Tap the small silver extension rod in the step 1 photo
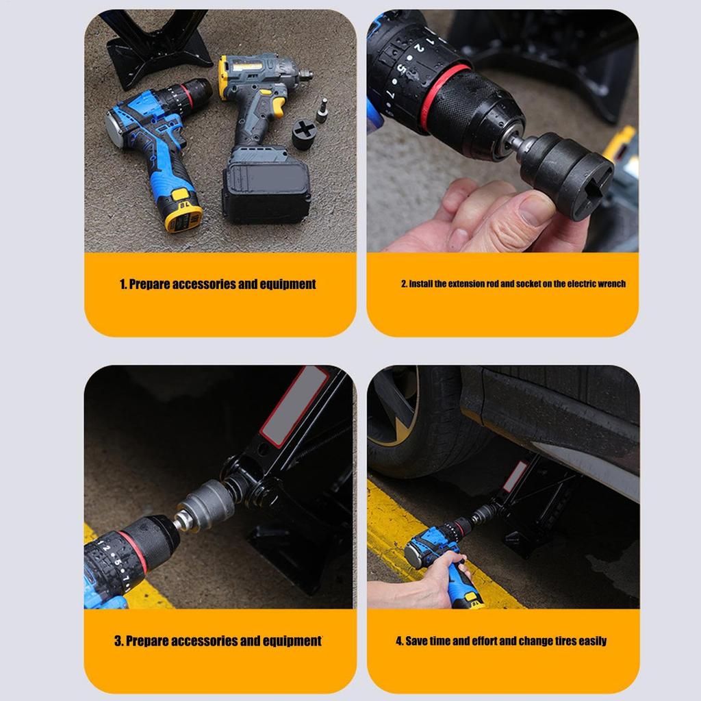point(322,108)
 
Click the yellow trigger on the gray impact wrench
point(279,106)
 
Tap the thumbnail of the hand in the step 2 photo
point(536,209)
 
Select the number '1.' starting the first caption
point(123,284)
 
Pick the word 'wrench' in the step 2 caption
point(611,283)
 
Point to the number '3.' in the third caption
point(118,641)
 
